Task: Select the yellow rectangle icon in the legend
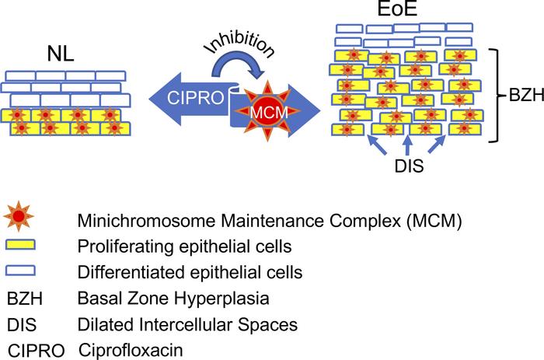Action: pos(22,246)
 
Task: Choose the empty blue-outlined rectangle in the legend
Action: pos(22,272)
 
